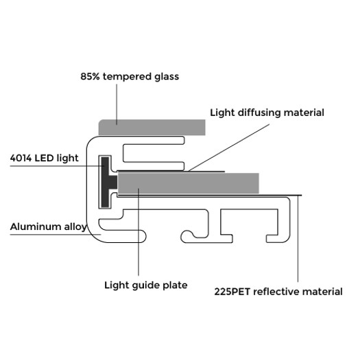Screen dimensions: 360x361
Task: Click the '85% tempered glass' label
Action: [x=130, y=77]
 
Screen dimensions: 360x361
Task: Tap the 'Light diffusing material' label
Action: [x=267, y=113]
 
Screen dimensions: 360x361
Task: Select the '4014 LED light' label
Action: [x=44, y=158]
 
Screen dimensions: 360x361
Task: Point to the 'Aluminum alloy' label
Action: [x=48, y=226]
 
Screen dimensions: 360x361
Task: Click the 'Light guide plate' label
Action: [x=146, y=286]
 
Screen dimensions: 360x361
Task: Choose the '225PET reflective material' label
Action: [x=278, y=292]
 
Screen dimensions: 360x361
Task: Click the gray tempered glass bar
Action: [x=152, y=128]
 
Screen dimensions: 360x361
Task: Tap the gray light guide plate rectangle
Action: [x=188, y=183]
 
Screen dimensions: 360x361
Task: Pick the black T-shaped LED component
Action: [x=108, y=182]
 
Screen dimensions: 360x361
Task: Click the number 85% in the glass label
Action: [x=90, y=77]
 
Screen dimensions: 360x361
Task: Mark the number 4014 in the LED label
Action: [x=21, y=158]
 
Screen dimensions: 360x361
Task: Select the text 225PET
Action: [x=232, y=292]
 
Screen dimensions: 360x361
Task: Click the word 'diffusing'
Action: [x=259, y=113]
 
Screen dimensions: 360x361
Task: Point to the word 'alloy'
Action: [x=75, y=227]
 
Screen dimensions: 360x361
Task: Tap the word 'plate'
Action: [x=175, y=286]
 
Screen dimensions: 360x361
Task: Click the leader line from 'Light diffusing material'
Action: [x=229, y=148]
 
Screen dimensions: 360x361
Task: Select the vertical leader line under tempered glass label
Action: [x=117, y=104]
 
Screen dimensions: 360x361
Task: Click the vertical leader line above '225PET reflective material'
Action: [x=298, y=239]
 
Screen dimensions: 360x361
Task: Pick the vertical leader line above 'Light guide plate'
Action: [x=139, y=232]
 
